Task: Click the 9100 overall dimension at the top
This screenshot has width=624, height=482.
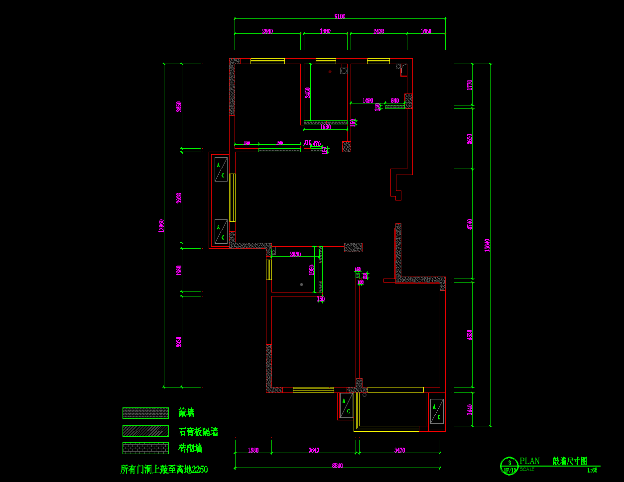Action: pyautogui.click(x=340, y=16)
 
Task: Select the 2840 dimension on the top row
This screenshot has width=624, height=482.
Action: pyautogui.click(x=267, y=31)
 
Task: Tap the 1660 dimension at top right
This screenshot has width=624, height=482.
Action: pyautogui.click(x=426, y=31)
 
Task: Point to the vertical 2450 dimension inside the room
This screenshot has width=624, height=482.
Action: pyautogui.click(x=308, y=93)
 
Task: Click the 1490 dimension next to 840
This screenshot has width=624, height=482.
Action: pyautogui.click(x=368, y=100)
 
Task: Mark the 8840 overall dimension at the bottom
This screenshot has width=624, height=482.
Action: pyautogui.click(x=338, y=466)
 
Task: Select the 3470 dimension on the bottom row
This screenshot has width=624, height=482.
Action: pyautogui.click(x=399, y=450)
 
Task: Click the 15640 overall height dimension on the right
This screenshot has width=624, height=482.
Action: pyautogui.click(x=488, y=245)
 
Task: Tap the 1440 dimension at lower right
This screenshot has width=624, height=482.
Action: pyautogui.click(x=469, y=409)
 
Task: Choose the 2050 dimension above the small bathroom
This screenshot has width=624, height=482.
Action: pyautogui.click(x=295, y=254)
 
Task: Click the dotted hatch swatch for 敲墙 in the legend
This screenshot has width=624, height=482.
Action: pyautogui.click(x=145, y=413)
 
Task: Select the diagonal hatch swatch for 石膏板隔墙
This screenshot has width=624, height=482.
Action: pyautogui.click(x=145, y=431)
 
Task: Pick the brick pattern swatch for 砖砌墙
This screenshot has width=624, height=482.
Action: pyautogui.click(x=145, y=448)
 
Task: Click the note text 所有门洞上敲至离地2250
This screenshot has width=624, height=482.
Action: pyautogui.click(x=164, y=469)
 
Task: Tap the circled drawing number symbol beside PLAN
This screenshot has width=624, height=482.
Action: pyautogui.click(x=509, y=466)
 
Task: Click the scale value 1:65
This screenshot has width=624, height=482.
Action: pyautogui.click(x=592, y=470)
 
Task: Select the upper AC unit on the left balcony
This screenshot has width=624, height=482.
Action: pyautogui.click(x=221, y=169)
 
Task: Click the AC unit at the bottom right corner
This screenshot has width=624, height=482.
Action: pyautogui.click(x=437, y=411)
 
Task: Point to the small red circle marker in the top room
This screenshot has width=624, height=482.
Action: pyautogui.click(x=330, y=72)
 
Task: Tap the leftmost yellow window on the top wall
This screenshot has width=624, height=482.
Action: pyautogui.click(x=267, y=61)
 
